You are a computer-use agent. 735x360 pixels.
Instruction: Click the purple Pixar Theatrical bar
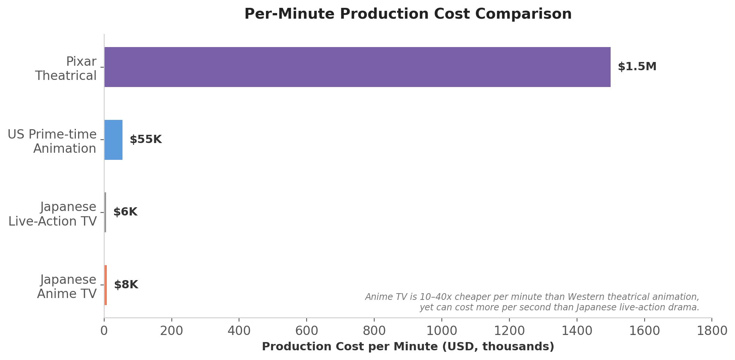[x=357, y=67]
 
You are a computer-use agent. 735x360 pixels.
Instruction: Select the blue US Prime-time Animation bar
[x=113, y=140]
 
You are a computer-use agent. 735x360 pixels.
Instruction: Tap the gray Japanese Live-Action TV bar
[x=105, y=212]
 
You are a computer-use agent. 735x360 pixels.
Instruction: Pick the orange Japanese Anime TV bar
[x=106, y=285]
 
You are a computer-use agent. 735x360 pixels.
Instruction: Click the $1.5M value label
[x=637, y=67]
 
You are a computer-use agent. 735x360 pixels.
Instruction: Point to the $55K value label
[x=146, y=140]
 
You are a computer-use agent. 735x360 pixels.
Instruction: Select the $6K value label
[x=125, y=212]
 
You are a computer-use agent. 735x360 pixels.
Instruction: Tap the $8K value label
[x=126, y=285]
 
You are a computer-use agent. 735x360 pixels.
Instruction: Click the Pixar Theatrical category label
[x=66, y=69]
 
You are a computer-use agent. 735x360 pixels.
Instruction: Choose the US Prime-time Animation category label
[x=52, y=142]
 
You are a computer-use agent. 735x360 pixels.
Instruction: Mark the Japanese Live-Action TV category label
[x=53, y=214]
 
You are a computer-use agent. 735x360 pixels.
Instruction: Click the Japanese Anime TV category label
[x=67, y=287]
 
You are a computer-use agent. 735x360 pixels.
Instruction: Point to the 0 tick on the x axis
[x=104, y=331]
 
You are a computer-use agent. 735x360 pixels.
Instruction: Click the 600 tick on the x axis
[x=306, y=331]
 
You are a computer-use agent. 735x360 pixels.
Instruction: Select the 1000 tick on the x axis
[x=441, y=331]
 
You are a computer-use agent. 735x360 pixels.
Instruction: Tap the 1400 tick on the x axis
[x=577, y=331]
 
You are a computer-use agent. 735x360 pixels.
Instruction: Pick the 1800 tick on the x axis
[x=712, y=331]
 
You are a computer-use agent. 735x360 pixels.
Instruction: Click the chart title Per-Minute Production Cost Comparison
[x=408, y=14]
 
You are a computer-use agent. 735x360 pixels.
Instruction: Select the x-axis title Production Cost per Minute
[x=408, y=347]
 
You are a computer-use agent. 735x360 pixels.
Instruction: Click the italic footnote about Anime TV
[x=532, y=302]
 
